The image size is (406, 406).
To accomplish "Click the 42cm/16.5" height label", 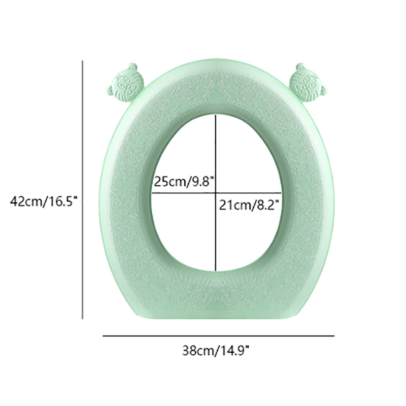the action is click(x=44, y=201).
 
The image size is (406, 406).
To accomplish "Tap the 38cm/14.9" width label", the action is click(x=216, y=351).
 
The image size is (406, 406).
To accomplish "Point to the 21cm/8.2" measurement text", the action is click(x=249, y=206).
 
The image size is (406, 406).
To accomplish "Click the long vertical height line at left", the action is click(x=83, y=190).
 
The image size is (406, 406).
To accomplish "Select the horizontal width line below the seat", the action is click(x=219, y=336).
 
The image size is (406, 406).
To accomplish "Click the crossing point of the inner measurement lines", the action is click(x=216, y=193).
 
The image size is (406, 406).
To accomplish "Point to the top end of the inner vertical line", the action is click(x=216, y=116).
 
